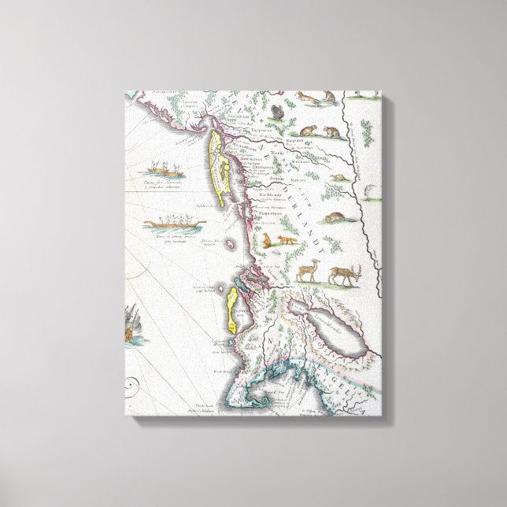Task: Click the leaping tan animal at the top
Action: [308, 98]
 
